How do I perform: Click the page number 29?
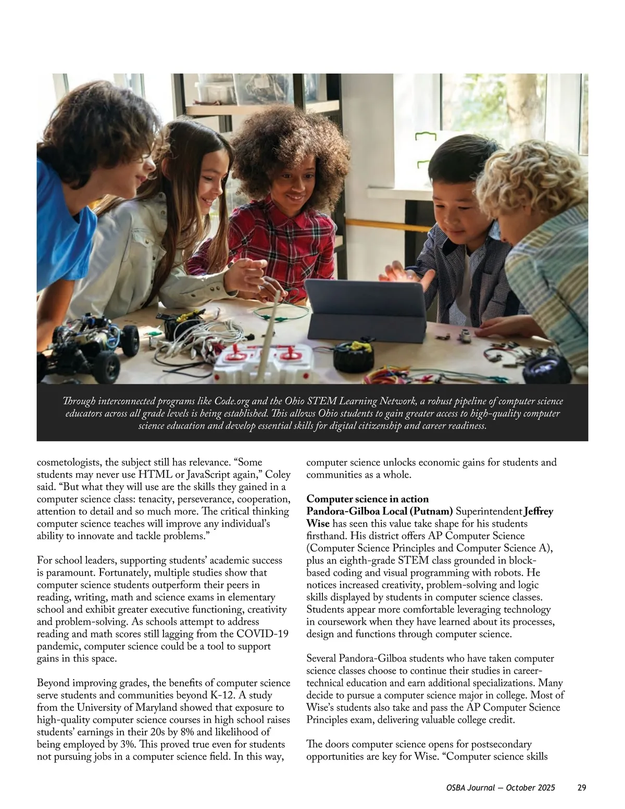coord(582,788)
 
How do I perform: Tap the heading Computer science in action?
coord(367,499)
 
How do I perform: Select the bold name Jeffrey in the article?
coord(539,512)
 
